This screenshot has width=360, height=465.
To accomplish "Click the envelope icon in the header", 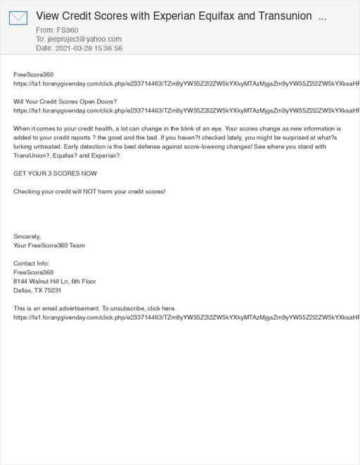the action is point(18,18).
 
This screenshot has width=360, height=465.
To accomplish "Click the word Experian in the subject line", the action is point(167,15).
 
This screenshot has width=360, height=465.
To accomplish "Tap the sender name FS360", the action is point(67,30).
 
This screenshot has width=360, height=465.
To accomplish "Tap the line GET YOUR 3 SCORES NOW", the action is point(56,173).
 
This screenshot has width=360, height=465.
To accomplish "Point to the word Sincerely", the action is point(27,237).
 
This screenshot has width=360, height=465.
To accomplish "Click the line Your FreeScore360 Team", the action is point(49,246).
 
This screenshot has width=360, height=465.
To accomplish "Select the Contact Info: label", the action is point(32,263).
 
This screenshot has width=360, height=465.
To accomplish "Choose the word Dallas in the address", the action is point(22,290).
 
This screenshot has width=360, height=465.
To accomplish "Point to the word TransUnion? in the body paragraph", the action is point(31,155).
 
